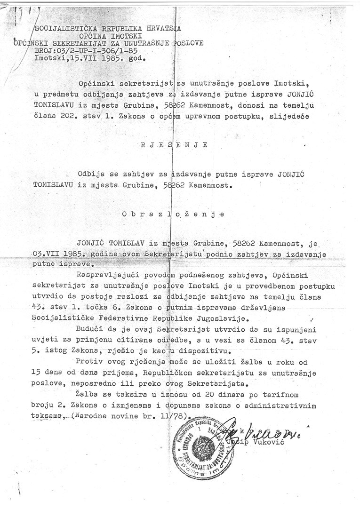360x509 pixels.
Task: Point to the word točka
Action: point(104,308)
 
